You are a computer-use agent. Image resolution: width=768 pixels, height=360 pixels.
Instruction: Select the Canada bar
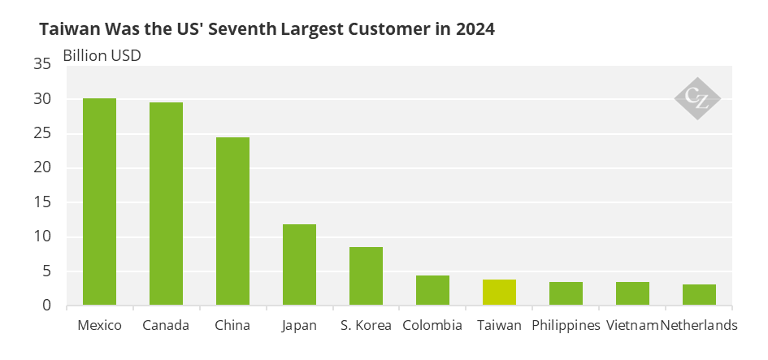166,204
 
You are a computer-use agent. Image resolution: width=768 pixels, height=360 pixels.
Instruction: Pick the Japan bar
299,265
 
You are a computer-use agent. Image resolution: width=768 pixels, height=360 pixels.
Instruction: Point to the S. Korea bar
366,276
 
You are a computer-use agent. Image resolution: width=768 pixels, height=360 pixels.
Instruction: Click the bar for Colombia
432,291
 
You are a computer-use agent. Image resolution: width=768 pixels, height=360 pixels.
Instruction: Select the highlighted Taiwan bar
499,293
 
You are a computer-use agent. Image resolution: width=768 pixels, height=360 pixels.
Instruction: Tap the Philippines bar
566,294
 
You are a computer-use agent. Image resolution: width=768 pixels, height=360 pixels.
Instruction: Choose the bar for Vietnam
632,294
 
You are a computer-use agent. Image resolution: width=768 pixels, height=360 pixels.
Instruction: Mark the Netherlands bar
699,295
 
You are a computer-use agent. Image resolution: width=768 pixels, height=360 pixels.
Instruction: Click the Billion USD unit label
102,57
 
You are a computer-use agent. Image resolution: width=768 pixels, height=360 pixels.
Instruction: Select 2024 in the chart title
475,29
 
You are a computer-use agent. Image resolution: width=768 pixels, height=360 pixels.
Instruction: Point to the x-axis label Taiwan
499,326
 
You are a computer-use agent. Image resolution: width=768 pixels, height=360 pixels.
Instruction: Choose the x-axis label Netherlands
699,326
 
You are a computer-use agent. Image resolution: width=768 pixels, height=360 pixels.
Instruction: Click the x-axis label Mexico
99,326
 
